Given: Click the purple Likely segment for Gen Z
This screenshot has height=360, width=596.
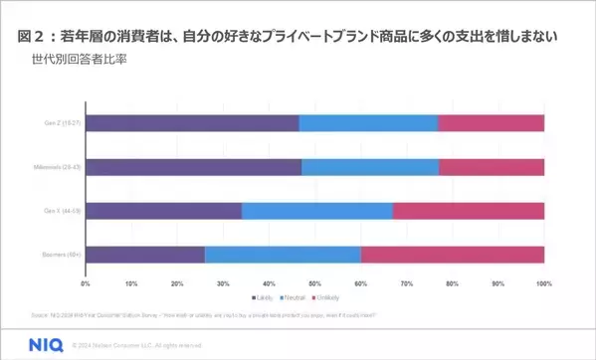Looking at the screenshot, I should (192, 123).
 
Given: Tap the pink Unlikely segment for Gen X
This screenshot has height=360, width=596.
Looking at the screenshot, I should (468, 211).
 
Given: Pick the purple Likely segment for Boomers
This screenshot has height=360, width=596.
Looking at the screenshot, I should (145, 255).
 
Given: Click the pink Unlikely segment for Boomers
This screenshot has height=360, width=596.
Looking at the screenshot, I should (452, 255).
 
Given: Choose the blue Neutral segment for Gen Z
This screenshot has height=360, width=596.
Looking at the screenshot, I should (367, 123).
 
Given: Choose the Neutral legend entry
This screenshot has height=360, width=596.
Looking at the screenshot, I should (296, 297).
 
